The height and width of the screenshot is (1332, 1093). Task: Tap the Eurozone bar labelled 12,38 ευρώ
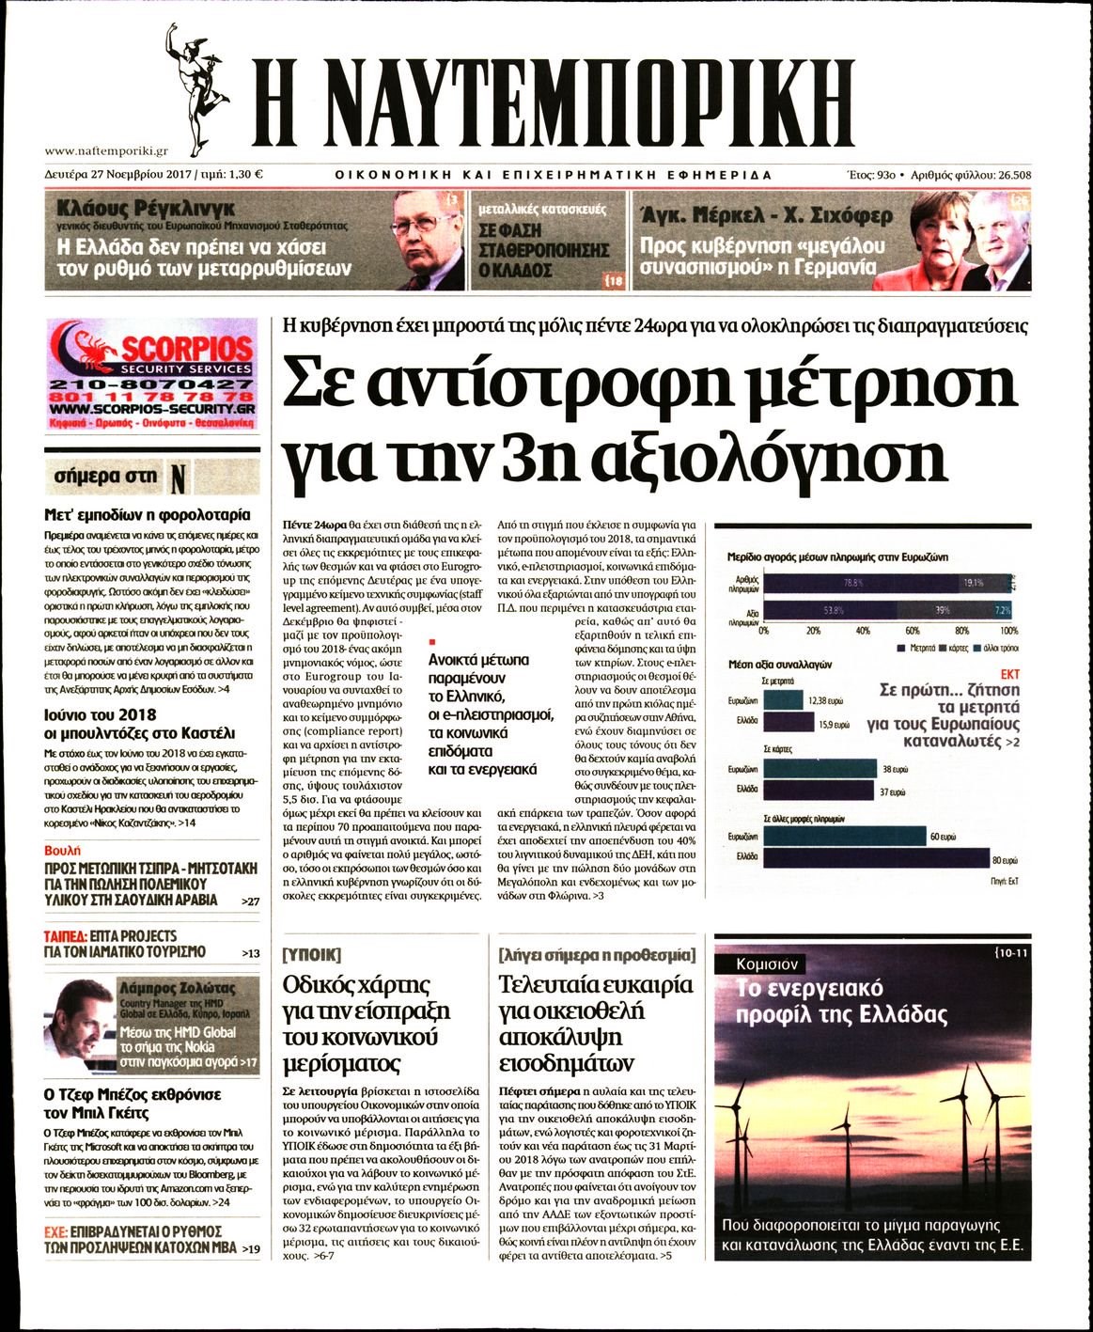(782, 700)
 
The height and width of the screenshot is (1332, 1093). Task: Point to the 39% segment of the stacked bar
(944, 610)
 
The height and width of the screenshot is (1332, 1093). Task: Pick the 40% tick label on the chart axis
(863, 631)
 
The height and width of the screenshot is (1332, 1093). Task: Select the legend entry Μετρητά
(916, 649)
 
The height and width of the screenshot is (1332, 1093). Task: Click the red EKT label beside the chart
(1009, 674)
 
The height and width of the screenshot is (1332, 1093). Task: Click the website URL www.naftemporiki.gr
(106, 150)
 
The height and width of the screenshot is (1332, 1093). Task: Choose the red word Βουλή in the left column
(60, 850)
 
